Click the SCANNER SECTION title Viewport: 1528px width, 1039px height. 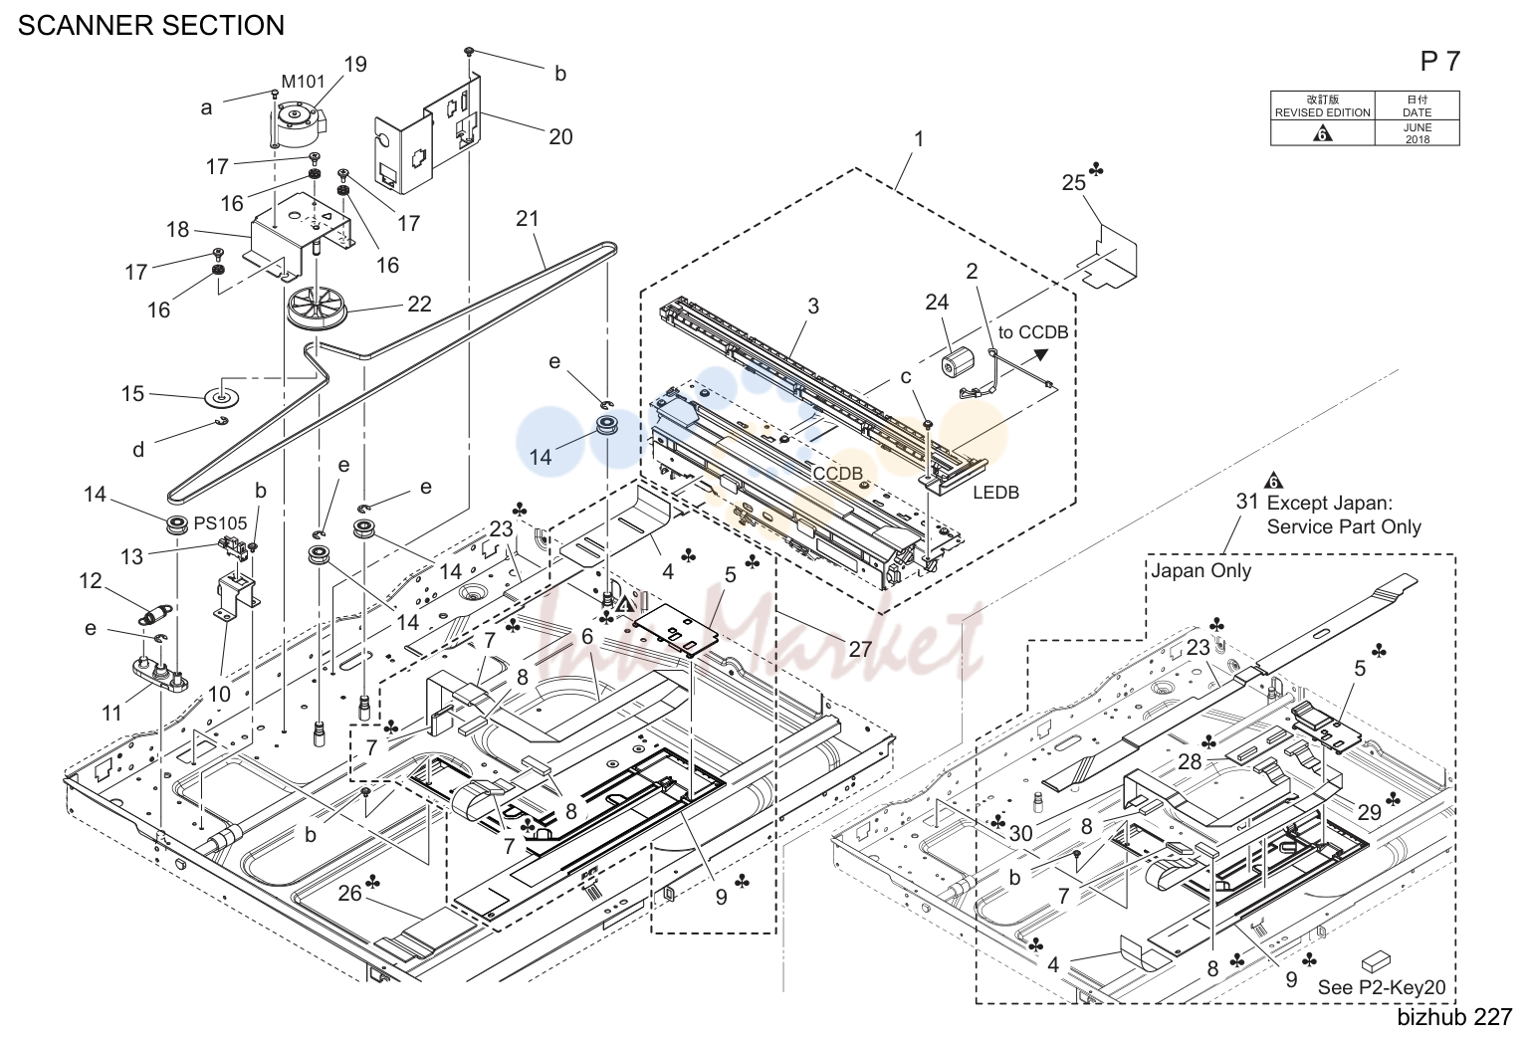pyautogui.click(x=150, y=26)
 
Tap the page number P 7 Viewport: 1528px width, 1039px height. pyautogui.click(x=1440, y=62)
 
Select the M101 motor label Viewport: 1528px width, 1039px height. pyautogui.click(x=303, y=82)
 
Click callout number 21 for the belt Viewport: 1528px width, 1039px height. pyautogui.click(x=528, y=219)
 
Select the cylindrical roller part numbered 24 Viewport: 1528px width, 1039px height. pyautogui.click(x=959, y=362)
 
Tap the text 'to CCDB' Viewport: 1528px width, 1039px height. pyautogui.click(x=1032, y=332)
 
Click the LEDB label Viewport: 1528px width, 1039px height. pyautogui.click(x=995, y=492)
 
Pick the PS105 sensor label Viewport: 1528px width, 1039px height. pyautogui.click(x=220, y=523)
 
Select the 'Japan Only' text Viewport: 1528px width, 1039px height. pyautogui.click(x=1201, y=570)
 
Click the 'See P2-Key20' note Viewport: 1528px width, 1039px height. pyautogui.click(x=1382, y=987)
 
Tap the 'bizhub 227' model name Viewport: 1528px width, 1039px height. pyautogui.click(x=1454, y=1017)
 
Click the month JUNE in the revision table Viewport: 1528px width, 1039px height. pyautogui.click(x=1417, y=127)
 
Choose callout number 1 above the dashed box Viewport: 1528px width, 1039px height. pyautogui.click(x=919, y=139)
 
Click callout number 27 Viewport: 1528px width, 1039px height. pyautogui.click(x=861, y=649)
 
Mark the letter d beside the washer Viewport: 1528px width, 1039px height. pyautogui.click(x=138, y=450)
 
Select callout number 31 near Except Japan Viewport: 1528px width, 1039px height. pyautogui.click(x=1247, y=502)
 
